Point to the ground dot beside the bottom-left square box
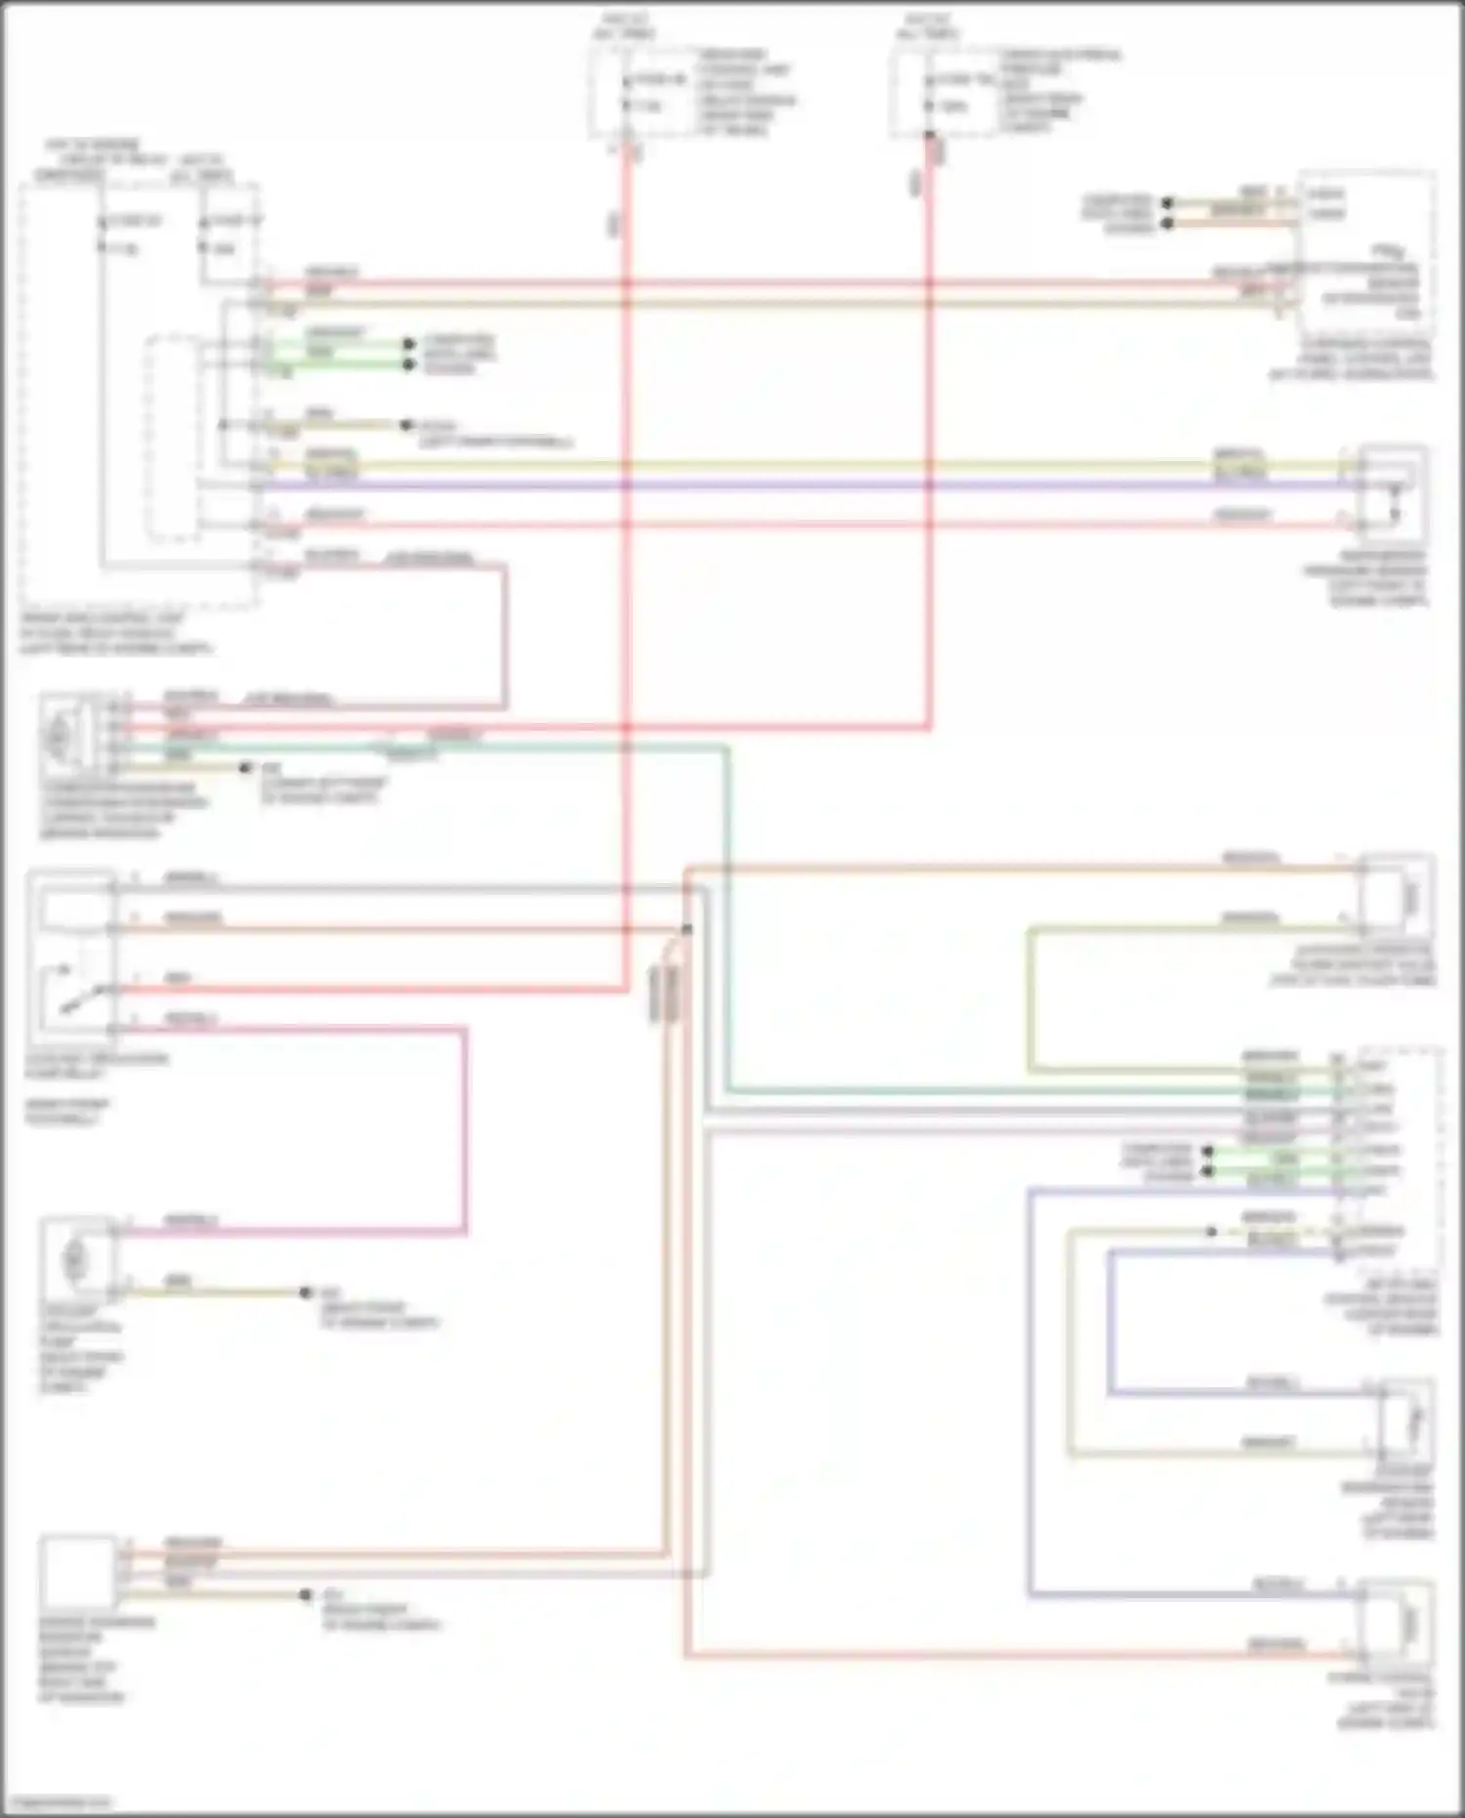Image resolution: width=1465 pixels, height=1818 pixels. tap(306, 1595)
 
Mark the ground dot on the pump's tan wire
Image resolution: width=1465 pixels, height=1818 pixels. tap(305, 1292)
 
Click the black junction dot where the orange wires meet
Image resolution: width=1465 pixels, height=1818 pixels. tap(687, 929)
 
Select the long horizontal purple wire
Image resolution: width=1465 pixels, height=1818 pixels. tap(781, 485)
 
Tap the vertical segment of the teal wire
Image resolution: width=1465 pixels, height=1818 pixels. tap(727, 918)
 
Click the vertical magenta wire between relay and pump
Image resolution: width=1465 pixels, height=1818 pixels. tap(465, 1128)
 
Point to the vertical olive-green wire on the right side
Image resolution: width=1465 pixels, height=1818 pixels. tap(1028, 996)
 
